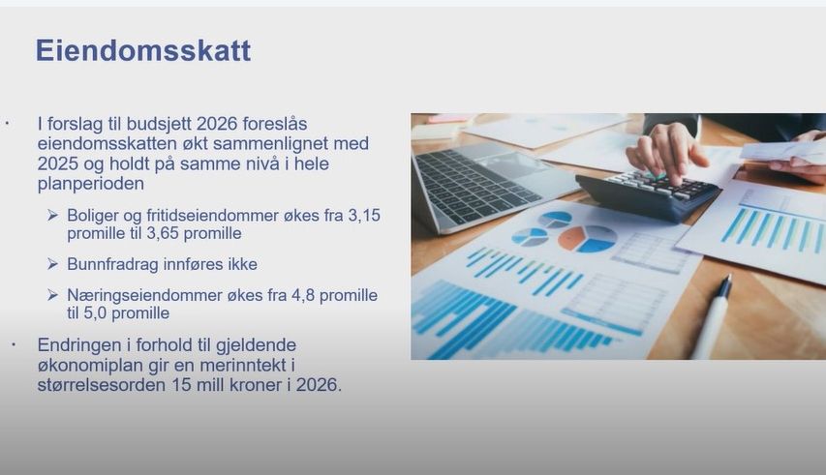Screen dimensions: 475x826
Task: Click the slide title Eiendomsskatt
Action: [x=142, y=50]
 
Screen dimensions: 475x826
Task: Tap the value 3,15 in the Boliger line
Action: [x=360, y=215]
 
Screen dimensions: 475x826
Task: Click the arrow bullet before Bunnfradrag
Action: [x=52, y=264]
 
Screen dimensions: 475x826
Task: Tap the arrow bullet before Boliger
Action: [x=52, y=215]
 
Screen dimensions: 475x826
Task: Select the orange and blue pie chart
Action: [x=587, y=237]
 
